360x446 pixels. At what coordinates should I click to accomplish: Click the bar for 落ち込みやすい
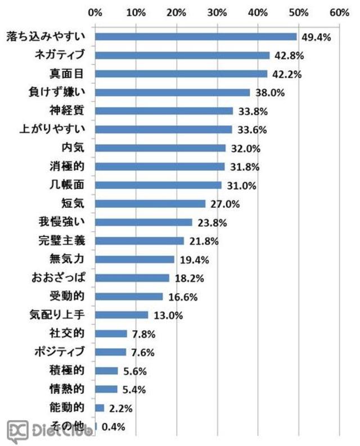pos(196,37)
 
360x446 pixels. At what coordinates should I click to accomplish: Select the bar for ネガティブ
pos(182,56)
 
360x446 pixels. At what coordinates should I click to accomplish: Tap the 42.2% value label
pos(287,74)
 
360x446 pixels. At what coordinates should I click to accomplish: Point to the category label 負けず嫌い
pos(57,92)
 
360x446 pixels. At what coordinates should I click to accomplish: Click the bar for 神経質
pos(164,111)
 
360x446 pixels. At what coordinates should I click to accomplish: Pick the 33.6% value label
pos(252,130)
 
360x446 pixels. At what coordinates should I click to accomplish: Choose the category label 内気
pos(73,148)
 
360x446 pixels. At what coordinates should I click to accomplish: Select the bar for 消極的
pos(160,167)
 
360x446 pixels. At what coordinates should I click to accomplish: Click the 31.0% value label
pos(241,185)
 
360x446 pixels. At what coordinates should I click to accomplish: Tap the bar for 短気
pos(150,204)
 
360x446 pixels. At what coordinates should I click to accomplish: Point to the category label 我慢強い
pos(62,222)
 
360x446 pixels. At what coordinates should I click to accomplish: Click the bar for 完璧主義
pos(139,241)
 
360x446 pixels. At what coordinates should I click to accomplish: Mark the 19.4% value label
pos(195,260)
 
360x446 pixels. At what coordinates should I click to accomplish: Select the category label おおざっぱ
pos(58,277)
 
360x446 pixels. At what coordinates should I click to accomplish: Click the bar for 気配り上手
pos(121,315)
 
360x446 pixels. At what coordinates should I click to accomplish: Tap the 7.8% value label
pos(144,334)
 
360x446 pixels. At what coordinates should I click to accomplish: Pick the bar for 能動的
pos(100,408)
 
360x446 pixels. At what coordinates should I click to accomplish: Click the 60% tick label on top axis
pos(340,12)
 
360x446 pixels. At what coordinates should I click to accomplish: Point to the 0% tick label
pos(95,12)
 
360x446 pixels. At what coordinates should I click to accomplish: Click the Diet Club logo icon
pos(17,431)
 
